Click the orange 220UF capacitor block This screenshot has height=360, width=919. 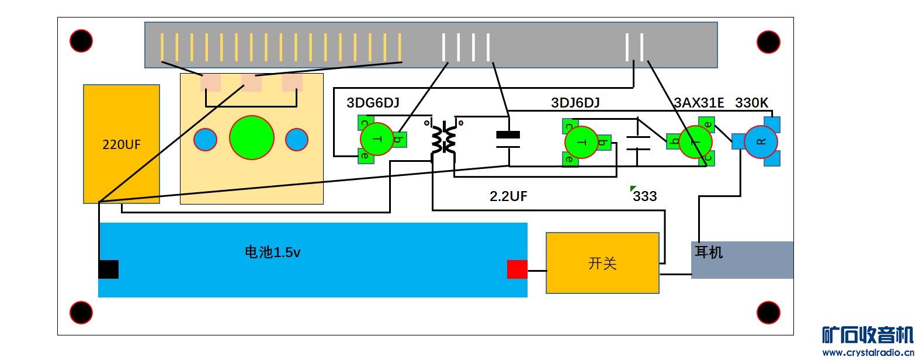coord(122,144)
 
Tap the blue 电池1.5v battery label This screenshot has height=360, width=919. coord(272,252)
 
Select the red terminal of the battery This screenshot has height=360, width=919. coord(517,269)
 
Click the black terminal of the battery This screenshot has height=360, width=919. coord(109,269)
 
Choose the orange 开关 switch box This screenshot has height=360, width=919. coord(602,263)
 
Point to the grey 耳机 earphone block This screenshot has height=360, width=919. coord(742,259)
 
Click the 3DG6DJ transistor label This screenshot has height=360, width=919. coord(373,103)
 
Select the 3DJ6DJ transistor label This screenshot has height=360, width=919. coord(575,103)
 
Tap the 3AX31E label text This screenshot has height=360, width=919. coord(699,103)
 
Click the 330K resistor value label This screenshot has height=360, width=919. coord(751,103)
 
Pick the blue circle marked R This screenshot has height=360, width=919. coord(761,141)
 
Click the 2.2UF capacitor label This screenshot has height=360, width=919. coord(508,196)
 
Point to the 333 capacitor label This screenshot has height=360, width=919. coord(645,196)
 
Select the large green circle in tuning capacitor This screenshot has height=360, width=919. coord(252,138)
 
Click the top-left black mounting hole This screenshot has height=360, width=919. coord(81,41)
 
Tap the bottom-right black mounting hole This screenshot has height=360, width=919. coord(768,313)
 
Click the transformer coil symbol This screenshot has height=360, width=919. coord(443,139)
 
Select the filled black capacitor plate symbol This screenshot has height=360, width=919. coord(508,135)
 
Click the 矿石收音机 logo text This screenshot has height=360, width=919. coord(868,335)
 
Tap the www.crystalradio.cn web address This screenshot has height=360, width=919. coord(868,352)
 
